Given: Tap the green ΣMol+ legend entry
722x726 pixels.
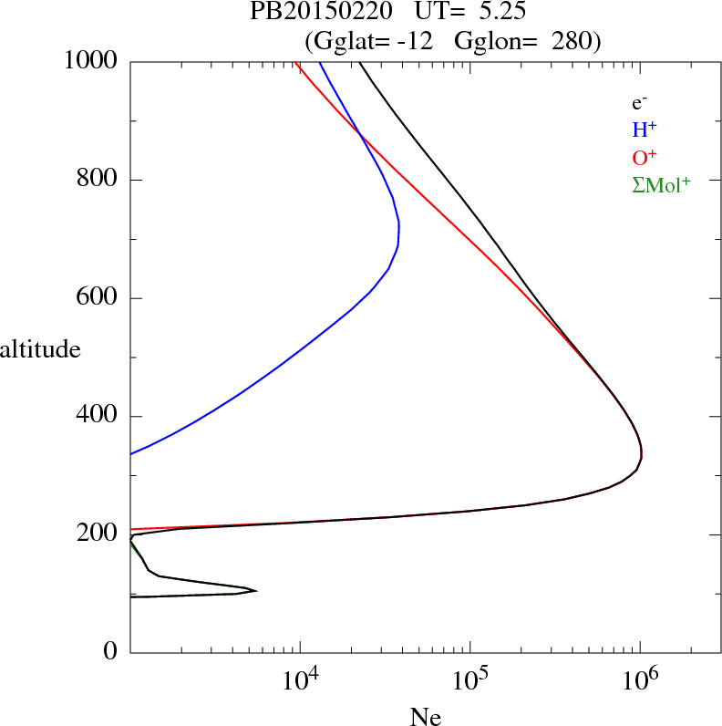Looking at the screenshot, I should click(661, 185).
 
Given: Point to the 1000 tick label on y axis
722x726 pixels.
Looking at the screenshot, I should click(91, 61).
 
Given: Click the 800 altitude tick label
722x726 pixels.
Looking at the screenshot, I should click(99, 180).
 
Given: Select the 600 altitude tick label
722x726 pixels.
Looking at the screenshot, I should click(99, 298).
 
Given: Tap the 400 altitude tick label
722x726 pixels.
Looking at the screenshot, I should click(99, 417).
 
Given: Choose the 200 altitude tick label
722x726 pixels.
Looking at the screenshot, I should click(99, 534).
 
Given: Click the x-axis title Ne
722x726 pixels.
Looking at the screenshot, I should click(425, 717).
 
